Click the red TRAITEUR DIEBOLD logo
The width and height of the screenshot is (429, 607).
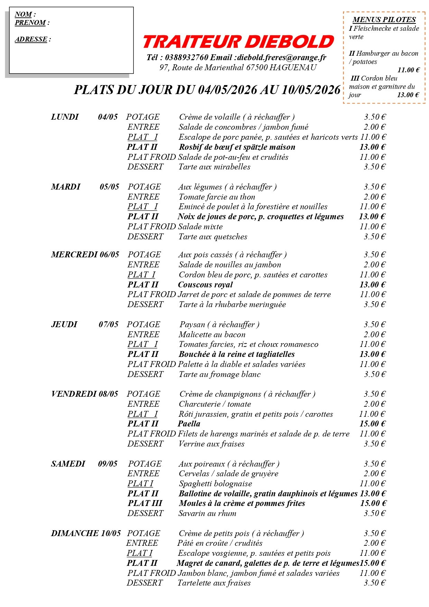point(238,42)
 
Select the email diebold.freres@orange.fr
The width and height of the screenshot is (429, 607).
point(281,57)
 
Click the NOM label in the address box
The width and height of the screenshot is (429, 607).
point(24,15)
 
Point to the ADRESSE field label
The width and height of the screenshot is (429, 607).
point(31,39)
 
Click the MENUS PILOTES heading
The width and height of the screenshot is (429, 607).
point(384,20)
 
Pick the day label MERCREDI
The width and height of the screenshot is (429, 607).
point(74,255)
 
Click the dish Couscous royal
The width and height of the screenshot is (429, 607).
point(205,285)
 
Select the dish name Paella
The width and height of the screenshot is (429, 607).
point(189,424)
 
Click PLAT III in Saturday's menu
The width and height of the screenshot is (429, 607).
point(145,503)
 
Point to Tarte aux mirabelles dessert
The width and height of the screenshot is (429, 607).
point(214,167)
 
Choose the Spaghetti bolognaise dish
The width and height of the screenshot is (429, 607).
point(215,484)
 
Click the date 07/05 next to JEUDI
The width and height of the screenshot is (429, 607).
point(109,324)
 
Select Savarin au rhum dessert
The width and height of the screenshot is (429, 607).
point(207,513)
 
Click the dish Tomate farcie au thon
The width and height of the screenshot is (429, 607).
point(217,197)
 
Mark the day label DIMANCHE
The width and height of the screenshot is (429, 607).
point(75,533)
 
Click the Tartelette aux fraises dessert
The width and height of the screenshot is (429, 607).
point(214,583)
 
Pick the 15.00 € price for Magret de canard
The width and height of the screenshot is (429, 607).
point(373,563)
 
